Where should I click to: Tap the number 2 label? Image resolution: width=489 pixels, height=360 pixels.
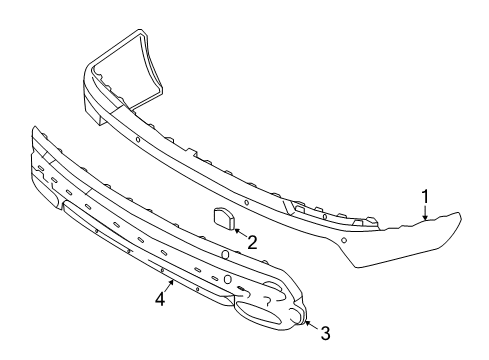point(252,241)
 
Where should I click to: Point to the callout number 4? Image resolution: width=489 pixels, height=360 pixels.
point(158,298)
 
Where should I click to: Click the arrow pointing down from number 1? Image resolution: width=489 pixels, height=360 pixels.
point(425,210)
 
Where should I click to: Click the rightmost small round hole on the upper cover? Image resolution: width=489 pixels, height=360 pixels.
point(343,241)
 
